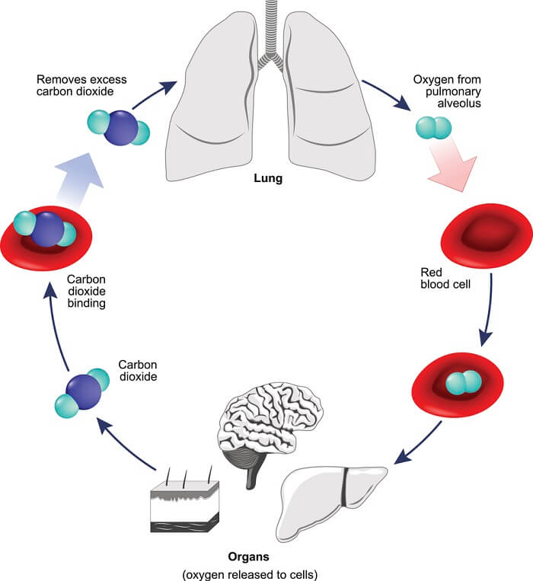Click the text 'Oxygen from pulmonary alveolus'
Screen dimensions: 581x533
coord(446,91)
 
